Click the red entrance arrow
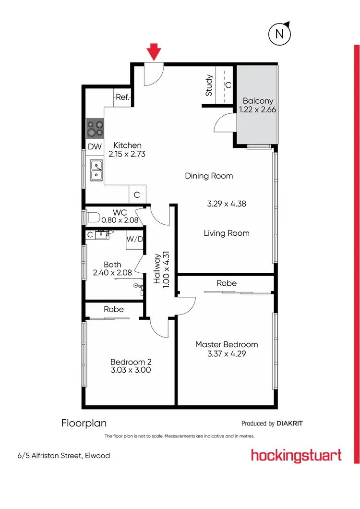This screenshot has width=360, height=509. coord(154,51)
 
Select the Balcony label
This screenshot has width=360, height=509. coord(258,101)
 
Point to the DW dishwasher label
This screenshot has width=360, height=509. coord(94,146)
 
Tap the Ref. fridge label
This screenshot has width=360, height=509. coord(123,97)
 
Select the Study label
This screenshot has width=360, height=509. coord(209,85)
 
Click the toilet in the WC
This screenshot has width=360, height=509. coord(91,216)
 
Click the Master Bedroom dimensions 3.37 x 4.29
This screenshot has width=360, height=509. coord(227,354)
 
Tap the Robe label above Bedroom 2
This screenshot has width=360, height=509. coord(114,309)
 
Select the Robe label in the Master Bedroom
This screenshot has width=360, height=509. coord(227,283)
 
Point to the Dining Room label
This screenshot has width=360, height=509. coord(209,176)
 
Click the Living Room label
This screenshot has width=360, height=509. coord(227,233)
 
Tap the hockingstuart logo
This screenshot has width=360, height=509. coord(296,455)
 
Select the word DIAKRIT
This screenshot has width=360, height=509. coord(290,424)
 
